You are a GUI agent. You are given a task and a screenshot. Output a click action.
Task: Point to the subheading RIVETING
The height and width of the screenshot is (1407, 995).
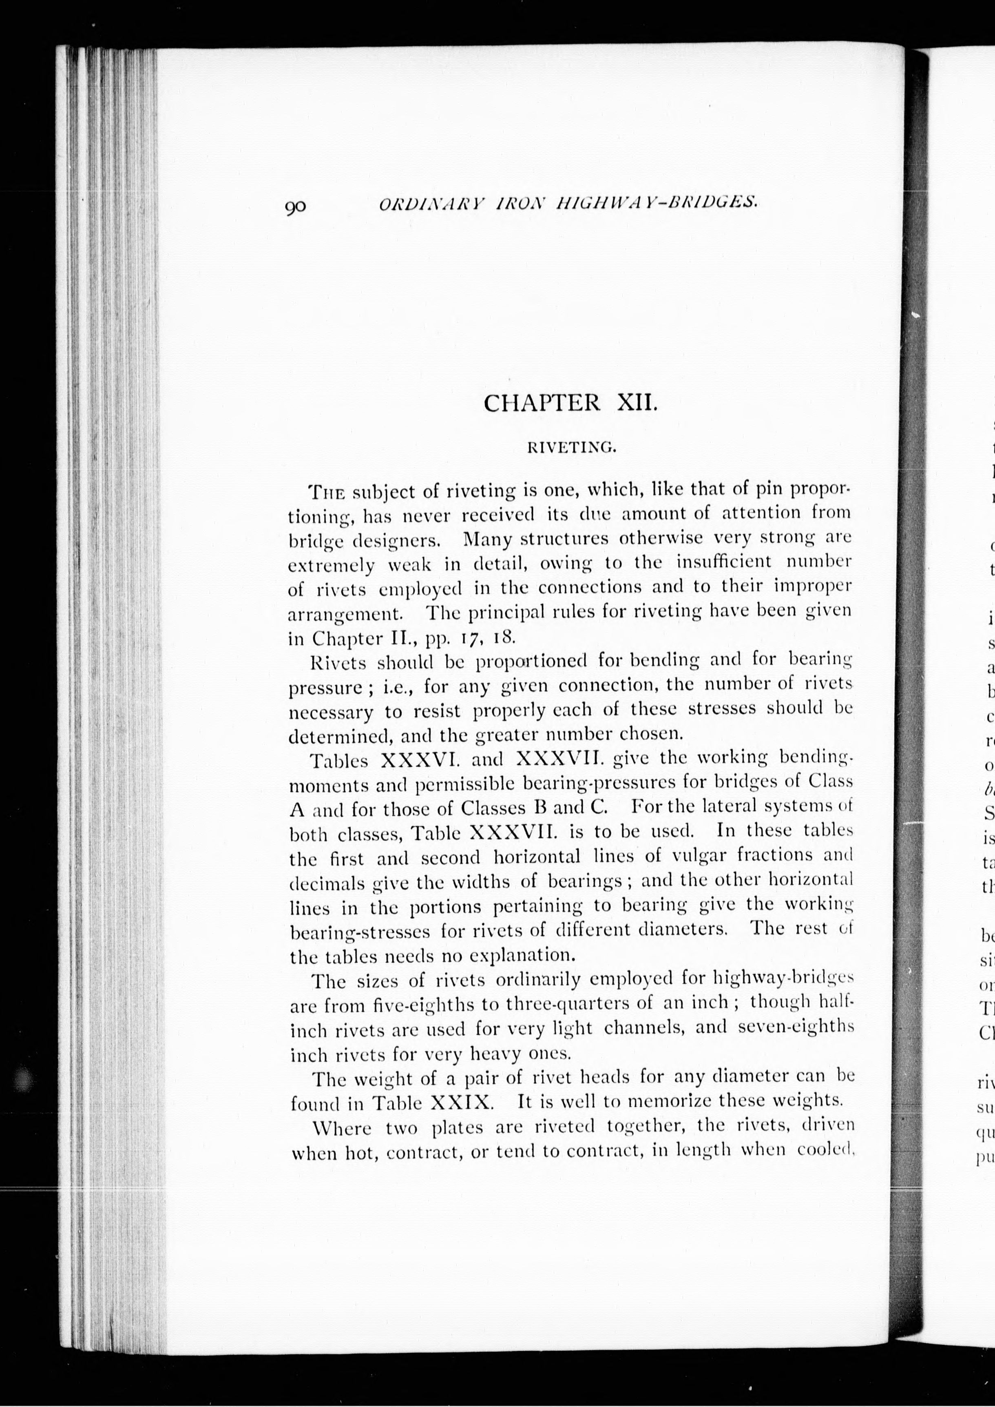(571, 448)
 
